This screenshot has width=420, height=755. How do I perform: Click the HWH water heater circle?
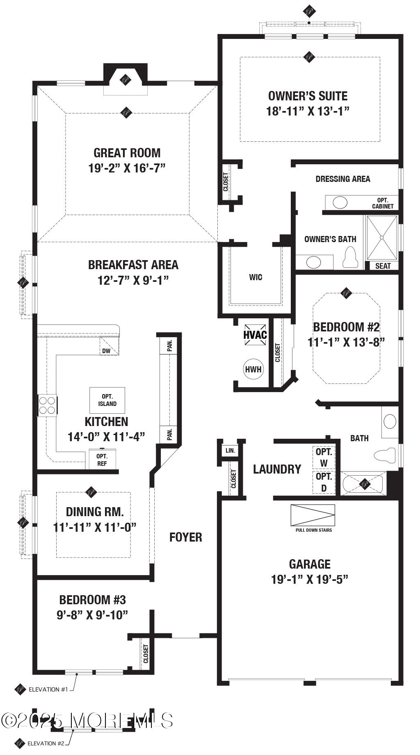pos(253,369)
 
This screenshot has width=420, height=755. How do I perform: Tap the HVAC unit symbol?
pos(255,335)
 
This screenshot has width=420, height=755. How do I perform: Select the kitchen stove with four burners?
pos(47,406)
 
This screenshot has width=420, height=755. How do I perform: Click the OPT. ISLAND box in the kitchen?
pos(107,400)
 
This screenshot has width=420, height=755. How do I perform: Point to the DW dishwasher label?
pos(106,351)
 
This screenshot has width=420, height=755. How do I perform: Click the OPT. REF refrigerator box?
pos(102,459)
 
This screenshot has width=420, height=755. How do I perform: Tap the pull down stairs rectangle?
pos(313,515)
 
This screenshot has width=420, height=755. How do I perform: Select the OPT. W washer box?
pos(324,457)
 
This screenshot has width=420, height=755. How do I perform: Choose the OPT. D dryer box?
pos(324,482)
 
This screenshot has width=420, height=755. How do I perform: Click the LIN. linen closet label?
pos(231,451)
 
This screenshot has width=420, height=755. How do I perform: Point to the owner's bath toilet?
pos(350,257)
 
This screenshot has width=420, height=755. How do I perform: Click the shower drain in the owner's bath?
pos(382,237)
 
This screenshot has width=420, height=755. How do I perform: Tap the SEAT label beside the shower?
pos(383,266)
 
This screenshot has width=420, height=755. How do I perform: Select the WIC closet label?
pos(256,277)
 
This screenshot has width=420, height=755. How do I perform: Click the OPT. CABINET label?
pos(383,203)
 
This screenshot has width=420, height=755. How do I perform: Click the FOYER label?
pos(186,537)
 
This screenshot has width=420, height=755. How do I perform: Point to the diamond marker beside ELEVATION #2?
pos(19,743)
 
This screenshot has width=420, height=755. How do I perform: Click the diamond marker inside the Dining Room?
pos(91,492)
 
